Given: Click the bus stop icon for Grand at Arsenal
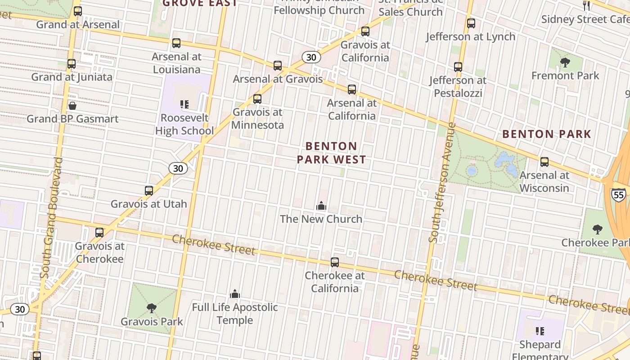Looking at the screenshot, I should click(x=78, y=11).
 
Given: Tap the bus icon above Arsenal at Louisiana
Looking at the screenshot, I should click(x=176, y=43).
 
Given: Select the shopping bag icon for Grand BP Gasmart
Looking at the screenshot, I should click(x=72, y=106).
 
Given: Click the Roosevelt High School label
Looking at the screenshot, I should click(x=184, y=124).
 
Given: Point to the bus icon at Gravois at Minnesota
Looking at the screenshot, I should click(x=257, y=99).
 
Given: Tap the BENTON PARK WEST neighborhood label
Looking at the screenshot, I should click(x=331, y=153).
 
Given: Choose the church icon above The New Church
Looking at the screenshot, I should click(x=321, y=206).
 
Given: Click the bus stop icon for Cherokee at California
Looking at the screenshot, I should click(x=335, y=262).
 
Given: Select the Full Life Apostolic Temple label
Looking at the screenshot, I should click(x=235, y=314).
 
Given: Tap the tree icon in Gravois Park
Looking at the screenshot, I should click(x=152, y=308).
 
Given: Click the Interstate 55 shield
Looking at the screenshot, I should click(x=618, y=194).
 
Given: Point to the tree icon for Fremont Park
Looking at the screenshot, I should click(x=565, y=63).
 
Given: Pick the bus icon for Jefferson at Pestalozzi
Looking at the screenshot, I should click(x=458, y=67).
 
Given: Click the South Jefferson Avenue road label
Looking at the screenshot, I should click(x=440, y=182).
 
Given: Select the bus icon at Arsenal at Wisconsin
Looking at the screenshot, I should click(x=544, y=162).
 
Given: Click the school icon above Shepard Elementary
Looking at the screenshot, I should click(x=540, y=332).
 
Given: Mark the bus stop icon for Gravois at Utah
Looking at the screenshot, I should click(x=149, y=191).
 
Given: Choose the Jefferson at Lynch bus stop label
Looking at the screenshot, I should click(x=471, y=36).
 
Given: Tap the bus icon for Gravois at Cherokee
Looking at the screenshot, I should click(x=99, y=233).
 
